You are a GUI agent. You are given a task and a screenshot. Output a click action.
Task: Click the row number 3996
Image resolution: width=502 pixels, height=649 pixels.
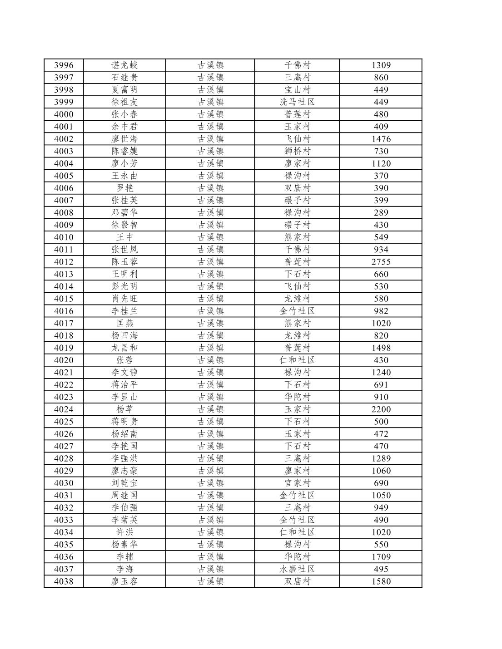pyautogui.click(x=64, y=65)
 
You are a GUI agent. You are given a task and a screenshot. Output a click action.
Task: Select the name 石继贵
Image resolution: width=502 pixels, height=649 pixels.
pyautogui.click(x=124, y=78)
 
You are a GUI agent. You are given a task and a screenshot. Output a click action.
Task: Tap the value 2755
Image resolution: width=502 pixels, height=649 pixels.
pyautogui.click(x=381, y=262)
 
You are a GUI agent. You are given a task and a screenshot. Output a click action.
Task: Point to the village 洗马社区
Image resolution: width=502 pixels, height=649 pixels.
pyautogui.click(x=297, y=102)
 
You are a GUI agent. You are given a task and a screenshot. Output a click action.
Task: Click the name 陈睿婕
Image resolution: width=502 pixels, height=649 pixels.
pyautogui.click(x=124, y=151)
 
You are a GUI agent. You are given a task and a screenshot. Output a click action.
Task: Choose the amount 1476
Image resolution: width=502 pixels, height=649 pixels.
pyautogui.click(x=381, y=139)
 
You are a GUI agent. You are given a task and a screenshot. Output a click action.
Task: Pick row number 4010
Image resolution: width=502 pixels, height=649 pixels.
pyautogui.click(x=64, y=237)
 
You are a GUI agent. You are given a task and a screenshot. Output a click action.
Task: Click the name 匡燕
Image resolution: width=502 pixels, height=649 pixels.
pyautogui.click(x=124, y=323)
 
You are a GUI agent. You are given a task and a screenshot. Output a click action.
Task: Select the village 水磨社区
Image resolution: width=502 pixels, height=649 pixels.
pyautogui.click(x=297, y=569)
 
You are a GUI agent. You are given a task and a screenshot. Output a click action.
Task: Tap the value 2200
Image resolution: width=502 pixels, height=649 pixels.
pyautogui.click(x=381, y=409)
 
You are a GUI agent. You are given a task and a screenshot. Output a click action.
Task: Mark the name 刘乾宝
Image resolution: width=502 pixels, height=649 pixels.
pyautogui.click(x=124, y=483)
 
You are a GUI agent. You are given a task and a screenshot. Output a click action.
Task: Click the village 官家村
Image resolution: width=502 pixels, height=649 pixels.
pyautogui.click(x=297, y=483)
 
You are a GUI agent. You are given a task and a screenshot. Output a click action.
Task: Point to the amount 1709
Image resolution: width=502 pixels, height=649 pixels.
pyautogui.click(x=381, y=557)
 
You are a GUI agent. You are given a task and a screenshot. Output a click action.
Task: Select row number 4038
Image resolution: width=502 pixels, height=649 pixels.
pyautogui.click(x=64, y=581)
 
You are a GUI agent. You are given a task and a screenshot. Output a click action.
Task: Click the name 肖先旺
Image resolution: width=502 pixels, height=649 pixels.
pyautogui.click(x=124, y=299)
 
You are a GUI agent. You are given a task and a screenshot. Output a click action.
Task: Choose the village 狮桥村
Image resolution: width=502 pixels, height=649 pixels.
pyautogui.click(x=297, y=151)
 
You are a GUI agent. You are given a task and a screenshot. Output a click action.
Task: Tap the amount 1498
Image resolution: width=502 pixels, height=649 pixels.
pyautogui.click(x=381, y=348)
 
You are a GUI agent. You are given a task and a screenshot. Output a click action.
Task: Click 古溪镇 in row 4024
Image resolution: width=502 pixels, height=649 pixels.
pyautogui.click(x=210, y=409)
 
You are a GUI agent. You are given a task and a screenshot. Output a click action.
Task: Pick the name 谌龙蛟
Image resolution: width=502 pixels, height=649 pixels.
pyautogui.click(x=124, y=65)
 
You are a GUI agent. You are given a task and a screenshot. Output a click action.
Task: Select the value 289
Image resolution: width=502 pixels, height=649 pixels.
pyautogui.click(x=381, y=213)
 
